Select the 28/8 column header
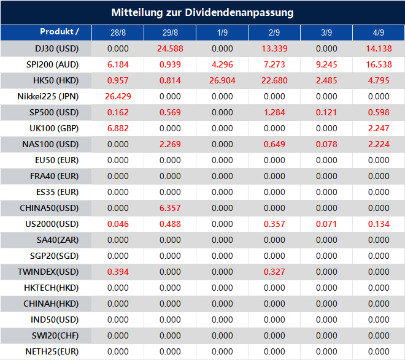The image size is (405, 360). (118, 33)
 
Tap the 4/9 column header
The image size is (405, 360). (379, 33)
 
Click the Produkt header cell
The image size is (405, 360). (60, 32)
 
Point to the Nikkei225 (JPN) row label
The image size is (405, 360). (48, 96)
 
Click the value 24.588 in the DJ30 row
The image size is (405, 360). (170, 48)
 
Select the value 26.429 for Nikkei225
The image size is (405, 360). (118, 96)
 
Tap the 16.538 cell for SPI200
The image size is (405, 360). (379, 64)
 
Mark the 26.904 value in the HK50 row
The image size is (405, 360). (222, 80)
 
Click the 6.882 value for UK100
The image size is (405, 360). (118, 128)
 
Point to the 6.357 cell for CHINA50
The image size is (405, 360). (170, 208)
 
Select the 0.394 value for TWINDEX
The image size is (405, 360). (118, 272)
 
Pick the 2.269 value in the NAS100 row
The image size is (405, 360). (170, 144)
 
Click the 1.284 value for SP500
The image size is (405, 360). (274, 112)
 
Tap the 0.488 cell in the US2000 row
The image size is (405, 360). (170, 224)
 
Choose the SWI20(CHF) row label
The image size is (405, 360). (53, 335)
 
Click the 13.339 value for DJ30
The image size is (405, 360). (274, 48)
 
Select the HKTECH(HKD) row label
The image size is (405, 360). (53, 288)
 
